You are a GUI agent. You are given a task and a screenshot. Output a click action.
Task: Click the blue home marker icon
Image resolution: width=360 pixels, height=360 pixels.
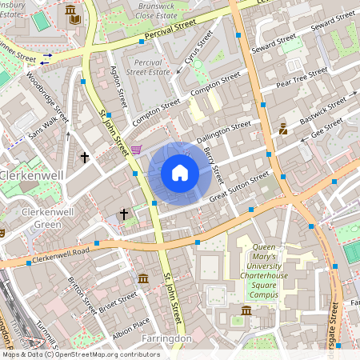tap(179, 173)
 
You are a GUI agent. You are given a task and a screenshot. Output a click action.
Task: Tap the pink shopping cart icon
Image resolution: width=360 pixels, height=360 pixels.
tap(136, 150)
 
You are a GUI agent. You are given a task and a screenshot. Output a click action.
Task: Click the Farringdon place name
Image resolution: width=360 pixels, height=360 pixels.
tap(166, 339)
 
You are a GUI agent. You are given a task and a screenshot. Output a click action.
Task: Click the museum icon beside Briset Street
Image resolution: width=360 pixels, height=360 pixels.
tap(142, 278)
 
